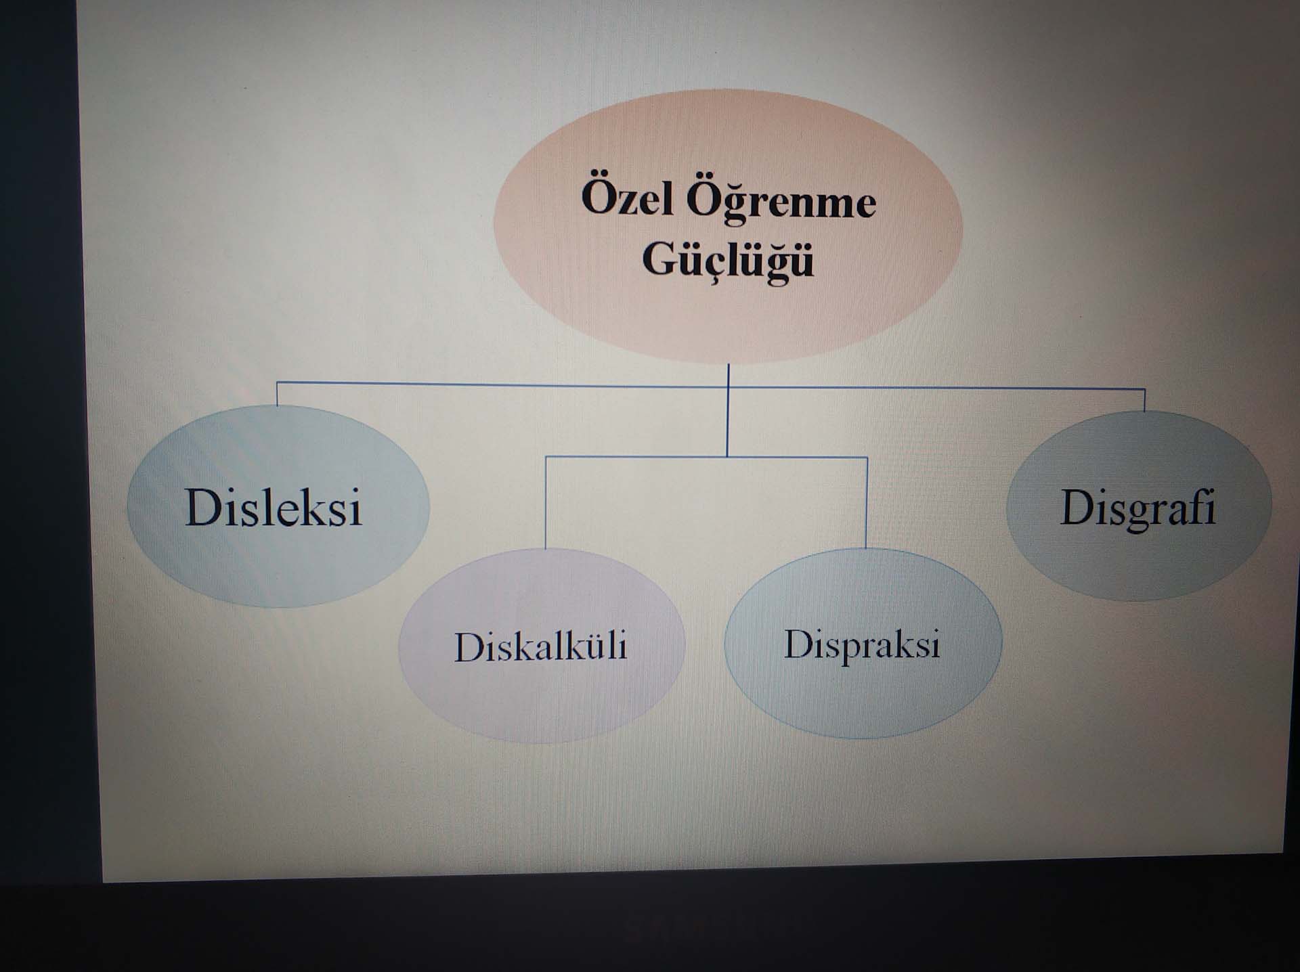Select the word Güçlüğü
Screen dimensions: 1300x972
(x=728, y=259)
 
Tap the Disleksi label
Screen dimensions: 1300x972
(x=274, y=507)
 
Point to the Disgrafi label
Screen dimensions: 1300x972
(x=1137, y=508)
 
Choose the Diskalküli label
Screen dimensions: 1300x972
(x=540, y=646)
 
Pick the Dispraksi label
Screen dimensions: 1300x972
(x=862, y=644)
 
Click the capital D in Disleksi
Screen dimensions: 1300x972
(x=204, y=507)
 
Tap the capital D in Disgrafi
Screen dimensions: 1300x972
(x=1078, y=506)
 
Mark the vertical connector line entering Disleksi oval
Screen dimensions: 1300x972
(x=277, y=394)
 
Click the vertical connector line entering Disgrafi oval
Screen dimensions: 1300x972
(x=1144, y=400)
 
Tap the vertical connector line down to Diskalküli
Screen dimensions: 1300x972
(x=546, y=503)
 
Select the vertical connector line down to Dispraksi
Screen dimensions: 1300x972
(x=867, y=503)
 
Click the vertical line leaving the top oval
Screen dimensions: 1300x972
(x=728, y=410)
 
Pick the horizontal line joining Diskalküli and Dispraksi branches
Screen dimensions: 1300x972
(x=706, y=458)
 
